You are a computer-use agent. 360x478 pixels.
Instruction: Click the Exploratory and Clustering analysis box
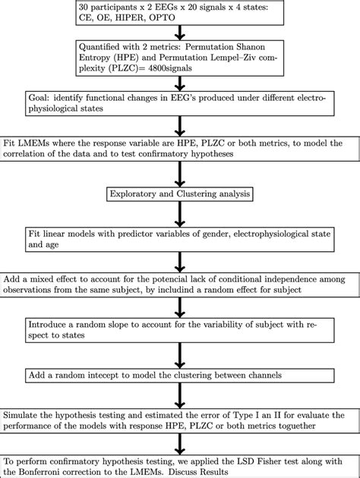click(179, 193)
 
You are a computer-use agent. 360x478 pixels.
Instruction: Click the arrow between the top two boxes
click(179, 32)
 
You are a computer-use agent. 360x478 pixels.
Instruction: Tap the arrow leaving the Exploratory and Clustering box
click(179, 212)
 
